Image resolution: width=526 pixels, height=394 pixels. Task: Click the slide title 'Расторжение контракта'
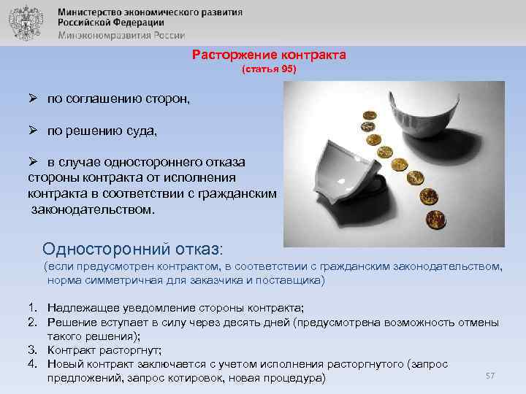[269, 55]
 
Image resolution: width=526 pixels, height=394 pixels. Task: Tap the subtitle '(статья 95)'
[269, 70]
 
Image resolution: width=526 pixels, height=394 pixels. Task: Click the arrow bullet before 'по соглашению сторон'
[34, 98]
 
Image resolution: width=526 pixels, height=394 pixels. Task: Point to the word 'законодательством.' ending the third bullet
[94, 209]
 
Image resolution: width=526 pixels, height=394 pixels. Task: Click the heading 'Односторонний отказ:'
[137, 247]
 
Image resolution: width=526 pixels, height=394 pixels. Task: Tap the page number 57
[490, 375]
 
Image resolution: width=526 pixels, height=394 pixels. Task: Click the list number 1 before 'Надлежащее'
[33, 309]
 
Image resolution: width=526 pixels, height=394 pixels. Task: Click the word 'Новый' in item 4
[64, 363]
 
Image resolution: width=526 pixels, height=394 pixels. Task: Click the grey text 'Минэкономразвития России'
[122, 34]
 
